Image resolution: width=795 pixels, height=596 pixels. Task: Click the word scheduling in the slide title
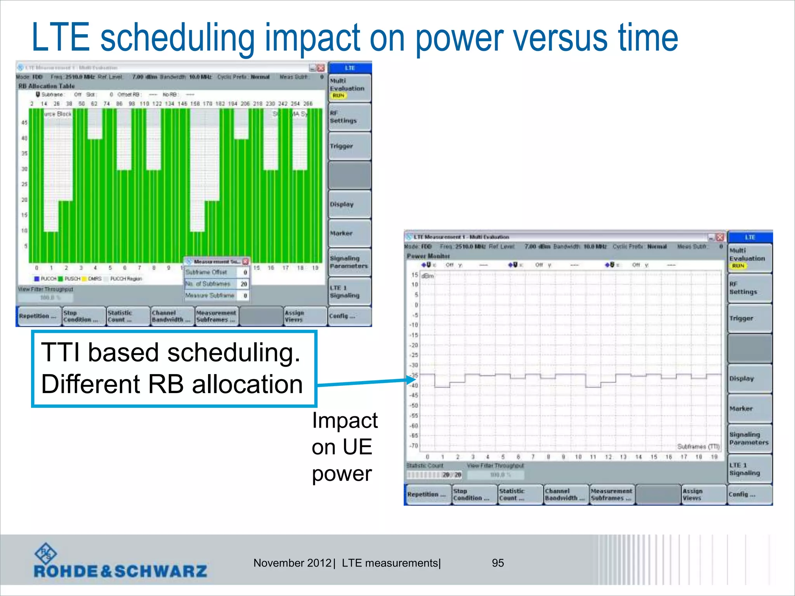click(177, 38)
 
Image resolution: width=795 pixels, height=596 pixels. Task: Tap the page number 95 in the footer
click(498, 563)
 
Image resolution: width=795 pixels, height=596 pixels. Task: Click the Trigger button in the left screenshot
click(349, 146)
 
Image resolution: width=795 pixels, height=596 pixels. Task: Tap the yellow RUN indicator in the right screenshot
click(738, 266)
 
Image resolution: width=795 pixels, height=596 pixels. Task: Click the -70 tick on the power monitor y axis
click(414, 445)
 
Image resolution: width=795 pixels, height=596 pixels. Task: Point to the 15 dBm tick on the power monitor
click(415, 275)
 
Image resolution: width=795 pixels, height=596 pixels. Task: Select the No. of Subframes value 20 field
click(244, 284)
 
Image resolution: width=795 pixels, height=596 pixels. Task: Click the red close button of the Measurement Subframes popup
click(245, 262)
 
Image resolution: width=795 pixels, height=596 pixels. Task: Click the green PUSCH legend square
click(61, 279)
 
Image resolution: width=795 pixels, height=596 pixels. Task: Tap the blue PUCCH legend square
click(37, 279)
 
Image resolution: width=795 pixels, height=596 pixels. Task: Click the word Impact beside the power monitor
click(345, 420)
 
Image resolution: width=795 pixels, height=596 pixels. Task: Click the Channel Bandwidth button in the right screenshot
click(565, 494)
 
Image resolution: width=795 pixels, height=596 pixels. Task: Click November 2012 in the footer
click(292, 563)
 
